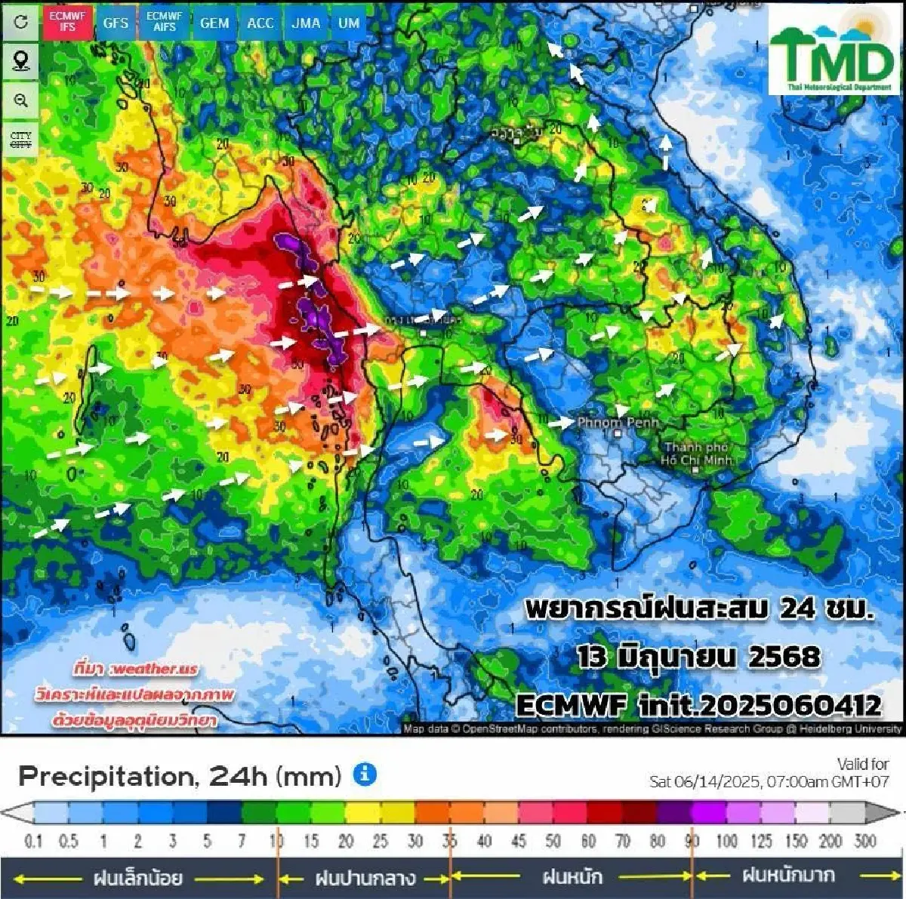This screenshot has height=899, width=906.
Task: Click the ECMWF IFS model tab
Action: (66, 22)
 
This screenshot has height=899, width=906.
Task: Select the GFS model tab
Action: (116, 23)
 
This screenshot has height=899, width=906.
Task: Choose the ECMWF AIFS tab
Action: (165, 22)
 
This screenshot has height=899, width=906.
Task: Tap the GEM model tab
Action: (214, 23)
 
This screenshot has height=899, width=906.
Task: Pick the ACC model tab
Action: (260, 23)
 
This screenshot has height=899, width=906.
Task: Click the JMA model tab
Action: (306, 23)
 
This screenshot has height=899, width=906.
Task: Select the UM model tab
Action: (349, 23)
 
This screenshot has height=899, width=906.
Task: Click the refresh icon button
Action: (21, 22)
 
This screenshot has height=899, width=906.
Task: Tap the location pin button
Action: (21, 61)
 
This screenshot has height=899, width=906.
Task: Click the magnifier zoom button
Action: (21, 100)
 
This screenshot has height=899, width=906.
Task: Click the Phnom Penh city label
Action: (618, 423)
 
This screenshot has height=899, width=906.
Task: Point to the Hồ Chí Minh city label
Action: (696, 454)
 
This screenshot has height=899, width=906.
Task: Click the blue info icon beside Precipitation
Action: (365, 774)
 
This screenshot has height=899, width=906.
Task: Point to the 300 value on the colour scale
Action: (865, 841)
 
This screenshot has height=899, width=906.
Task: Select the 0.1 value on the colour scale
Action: (33, 841)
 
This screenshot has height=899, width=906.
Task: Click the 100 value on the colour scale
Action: (726, 841)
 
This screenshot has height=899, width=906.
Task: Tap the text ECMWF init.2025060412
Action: (698, 705)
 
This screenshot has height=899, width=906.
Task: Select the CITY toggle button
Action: (21, 140)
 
